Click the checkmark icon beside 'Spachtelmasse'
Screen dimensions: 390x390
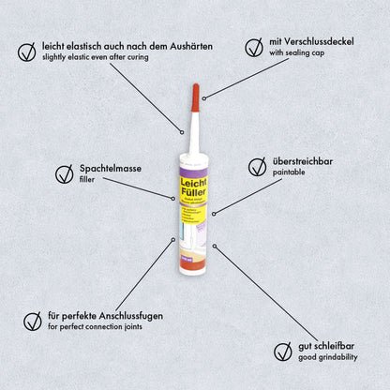(x=64, y=172)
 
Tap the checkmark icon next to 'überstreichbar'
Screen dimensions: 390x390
(x=256, y=166)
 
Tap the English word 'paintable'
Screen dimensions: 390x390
(x=290, y=173)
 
